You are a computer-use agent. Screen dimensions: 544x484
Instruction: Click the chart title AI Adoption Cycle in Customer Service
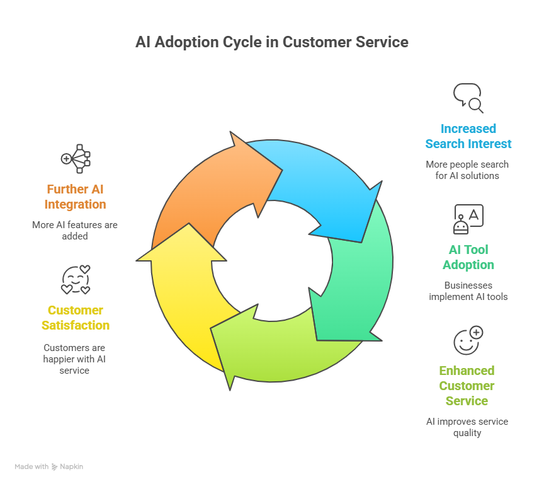(271, 42)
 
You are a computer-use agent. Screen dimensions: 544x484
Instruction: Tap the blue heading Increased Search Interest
(468, 136)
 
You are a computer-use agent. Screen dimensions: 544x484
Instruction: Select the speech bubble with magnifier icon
(468, 98)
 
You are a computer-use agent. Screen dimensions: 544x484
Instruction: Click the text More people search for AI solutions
(467, 170)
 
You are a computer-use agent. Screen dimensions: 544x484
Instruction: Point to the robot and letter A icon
(468, 219)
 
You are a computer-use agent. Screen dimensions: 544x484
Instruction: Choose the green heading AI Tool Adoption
(468, 257)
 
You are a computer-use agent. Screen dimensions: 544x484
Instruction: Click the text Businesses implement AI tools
(468, 291)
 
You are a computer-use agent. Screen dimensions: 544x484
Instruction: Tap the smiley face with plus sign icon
(468, 340)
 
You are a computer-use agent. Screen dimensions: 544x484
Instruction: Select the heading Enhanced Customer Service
(467, 386)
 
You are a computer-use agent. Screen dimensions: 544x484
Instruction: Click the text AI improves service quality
(467, 427)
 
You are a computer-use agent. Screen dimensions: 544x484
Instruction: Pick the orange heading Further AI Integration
(76, 197)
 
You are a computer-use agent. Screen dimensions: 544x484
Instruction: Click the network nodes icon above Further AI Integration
(76, 159)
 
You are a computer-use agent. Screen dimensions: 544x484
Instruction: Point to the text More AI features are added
(75, 231)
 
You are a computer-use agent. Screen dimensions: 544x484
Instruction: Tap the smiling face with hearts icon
(76, 280)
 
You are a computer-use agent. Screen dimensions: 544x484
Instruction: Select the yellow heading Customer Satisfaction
(76, 318)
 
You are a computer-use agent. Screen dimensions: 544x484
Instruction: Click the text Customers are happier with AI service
(74, 359)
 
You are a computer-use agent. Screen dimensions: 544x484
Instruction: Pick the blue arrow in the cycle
(322, 188)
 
